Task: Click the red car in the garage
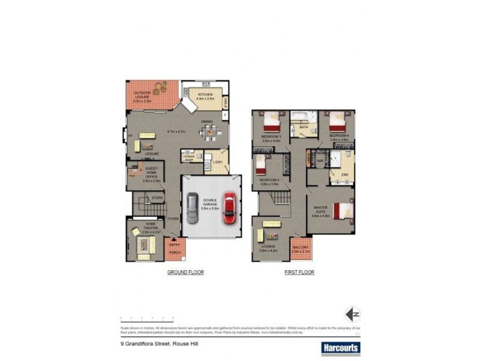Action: [x=229, y=208]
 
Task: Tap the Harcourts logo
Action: [x=340, y=347]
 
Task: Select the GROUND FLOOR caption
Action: [x=185, y=273]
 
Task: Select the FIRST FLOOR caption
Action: [x=299, y=273]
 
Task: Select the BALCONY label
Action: [x=301, y=248]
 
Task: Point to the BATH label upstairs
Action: [x=304, y=128]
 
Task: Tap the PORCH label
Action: [x=174, y=252]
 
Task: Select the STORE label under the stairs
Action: [x=158, y=197]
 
